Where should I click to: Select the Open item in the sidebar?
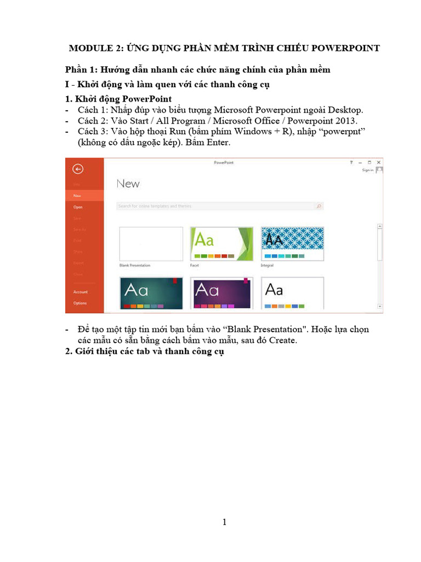click(x=78, y=207)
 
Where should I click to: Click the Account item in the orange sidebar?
click(x=81, y=292)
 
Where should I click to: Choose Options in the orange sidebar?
click(x=80, y=303)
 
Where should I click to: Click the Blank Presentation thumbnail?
click(x=151, y=244)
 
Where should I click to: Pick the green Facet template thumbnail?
click(x=221, y=244)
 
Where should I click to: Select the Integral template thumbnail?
click(x=292, y=244)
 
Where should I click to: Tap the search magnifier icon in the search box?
click(x=318, y=206)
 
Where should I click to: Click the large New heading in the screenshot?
click(x=128, y=184)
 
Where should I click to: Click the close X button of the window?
click(x=378, y=162)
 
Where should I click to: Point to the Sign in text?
click(x=368, y=170)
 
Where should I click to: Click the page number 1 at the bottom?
click(x=224, y=522)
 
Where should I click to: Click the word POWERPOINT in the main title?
click(x=345, y=48)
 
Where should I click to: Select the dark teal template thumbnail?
click(x=151, y=293)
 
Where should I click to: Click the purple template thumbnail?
click(x=221, y=293)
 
